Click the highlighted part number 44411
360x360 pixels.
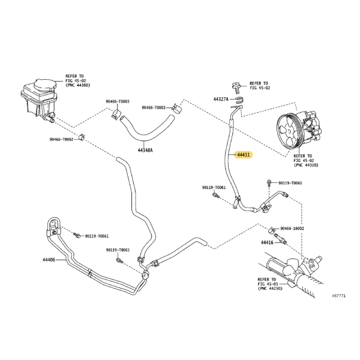[x=244, y=155]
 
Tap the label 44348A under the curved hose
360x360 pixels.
[x=145, y=151]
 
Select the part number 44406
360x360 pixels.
[x=49, y=260]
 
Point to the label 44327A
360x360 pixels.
[x=221, y=99]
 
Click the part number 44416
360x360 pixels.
[x=267, y=242]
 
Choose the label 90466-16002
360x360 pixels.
[x=292, y=229]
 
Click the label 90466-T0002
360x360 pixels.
[x=61, y=139]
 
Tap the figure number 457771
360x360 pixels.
[x=338, y=296]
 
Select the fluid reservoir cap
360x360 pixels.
[x=45, y=85]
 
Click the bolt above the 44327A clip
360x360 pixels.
[x=236, y=88]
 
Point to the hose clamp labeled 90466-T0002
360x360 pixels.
[x=82, y=137]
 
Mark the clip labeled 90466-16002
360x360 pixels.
[x=272, y=230]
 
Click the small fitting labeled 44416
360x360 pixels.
[x=280, y=239]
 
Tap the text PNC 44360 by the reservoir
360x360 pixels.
[x=78, y=85]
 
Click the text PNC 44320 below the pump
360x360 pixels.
[x=306, y=165]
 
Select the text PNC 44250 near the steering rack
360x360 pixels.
[x=270, y=289]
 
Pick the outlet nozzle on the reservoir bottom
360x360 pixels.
[x=50, y=118]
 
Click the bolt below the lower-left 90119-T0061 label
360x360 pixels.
[x=120, y=260]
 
